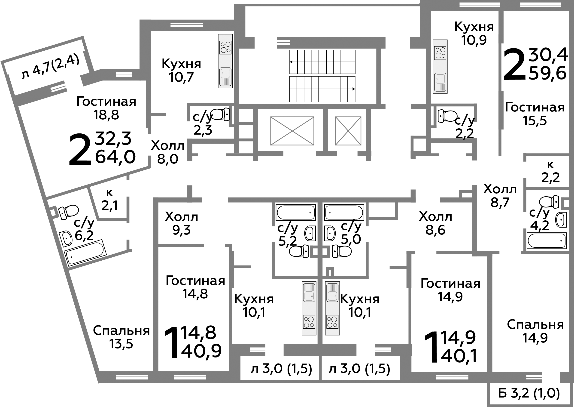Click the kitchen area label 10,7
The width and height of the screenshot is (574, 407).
point(181,77)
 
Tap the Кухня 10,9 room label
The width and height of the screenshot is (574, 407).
point(474,33)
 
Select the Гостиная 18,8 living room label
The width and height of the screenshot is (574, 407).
point(106,108)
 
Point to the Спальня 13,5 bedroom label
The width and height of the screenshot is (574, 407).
point(121,337)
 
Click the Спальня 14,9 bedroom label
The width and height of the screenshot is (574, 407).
point(535,331)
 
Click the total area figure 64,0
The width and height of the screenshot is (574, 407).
point(115,157)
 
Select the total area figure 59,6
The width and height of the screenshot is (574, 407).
point(548,73)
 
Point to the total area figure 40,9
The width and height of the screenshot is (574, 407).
point(201,351)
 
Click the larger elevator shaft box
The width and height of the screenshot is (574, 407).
point(292,131)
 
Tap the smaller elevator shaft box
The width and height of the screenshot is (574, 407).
point(348,131)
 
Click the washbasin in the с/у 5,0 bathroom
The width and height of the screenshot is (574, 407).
point(330,233)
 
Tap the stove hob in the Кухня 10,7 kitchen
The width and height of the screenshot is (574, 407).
point(225,48)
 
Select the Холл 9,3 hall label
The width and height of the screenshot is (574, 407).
point(182,223)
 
